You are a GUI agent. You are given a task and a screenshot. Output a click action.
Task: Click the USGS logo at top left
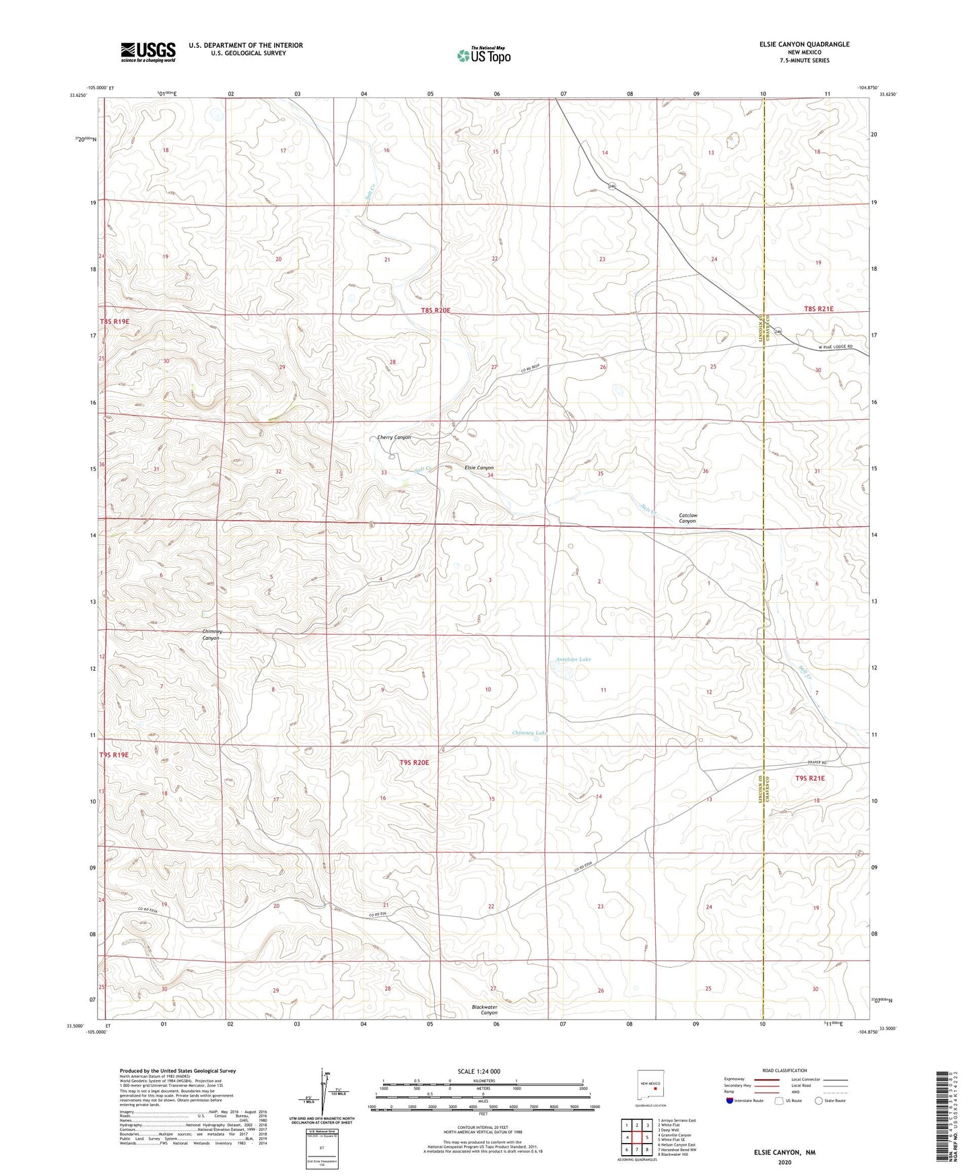[x=148, y=51]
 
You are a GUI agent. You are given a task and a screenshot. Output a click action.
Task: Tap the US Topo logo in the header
[x=483, y=55]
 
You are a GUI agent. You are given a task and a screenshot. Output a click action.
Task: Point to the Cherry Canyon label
[x=394, y=437]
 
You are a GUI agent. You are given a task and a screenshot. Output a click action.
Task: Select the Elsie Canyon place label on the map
[x=479, y=467]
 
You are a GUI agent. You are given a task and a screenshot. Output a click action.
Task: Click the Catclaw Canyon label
[x=687, y=518]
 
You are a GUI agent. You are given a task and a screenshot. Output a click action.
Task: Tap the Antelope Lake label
[x=574, y=659]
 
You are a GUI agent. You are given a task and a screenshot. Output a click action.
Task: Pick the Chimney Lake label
[x=529, y=733]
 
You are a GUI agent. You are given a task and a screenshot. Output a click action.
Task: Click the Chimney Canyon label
[x=212, y=634]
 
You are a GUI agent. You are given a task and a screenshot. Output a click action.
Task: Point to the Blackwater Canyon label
[x=485, y=1010]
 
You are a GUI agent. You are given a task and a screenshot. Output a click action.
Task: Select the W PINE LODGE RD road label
[x=836, y=347]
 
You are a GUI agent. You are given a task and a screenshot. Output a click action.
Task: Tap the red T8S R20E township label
[x=436, y=310]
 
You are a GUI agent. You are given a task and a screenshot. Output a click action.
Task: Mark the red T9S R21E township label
[x=810, y=778]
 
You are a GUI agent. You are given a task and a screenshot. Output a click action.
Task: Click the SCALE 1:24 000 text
[x=479, y=1071]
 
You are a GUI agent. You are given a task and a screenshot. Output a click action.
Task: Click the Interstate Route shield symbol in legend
[x=730, y=1101]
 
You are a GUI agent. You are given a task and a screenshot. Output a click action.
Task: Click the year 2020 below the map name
[x=784, y=1162]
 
